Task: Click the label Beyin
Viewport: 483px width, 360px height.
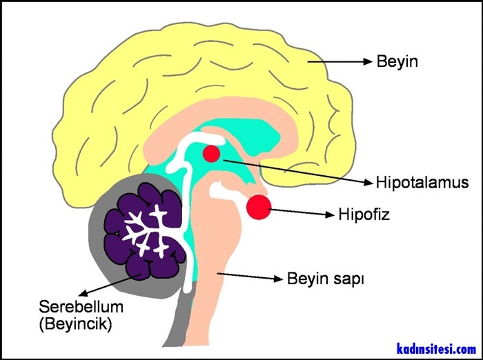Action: [x=397, y=62]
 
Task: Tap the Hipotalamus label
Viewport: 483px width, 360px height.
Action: [x=422, y=183]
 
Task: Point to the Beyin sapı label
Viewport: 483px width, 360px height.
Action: [x=324, y=280]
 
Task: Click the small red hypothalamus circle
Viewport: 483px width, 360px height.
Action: [x=211, y=153]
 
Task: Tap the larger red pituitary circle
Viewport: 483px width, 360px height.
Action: [x=259, y=207]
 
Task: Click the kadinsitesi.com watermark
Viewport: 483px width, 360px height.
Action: [x=436, y=349]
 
